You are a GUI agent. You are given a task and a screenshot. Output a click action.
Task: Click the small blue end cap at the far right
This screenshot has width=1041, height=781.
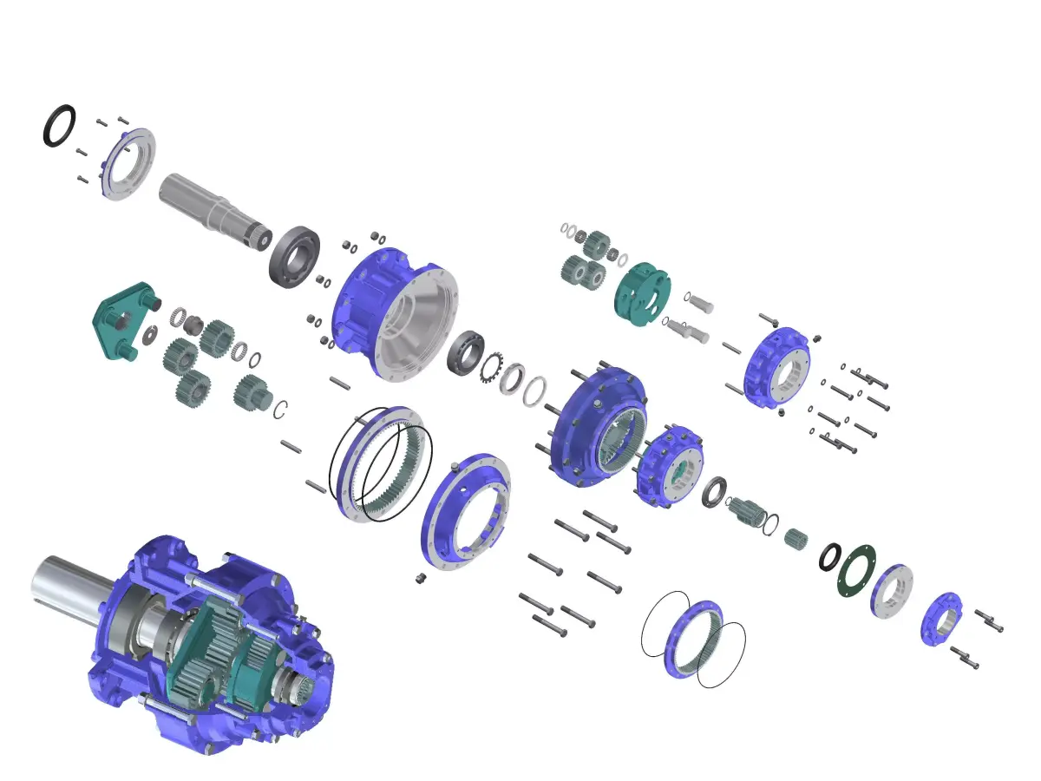click(941, 619)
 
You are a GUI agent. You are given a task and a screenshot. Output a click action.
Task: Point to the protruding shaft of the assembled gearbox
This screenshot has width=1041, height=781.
click(69, 590)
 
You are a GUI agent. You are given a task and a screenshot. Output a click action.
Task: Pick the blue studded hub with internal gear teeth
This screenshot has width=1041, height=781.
click(599, 425)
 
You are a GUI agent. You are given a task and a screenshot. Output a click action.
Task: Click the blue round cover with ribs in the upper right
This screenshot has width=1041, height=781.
click(776, 369)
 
